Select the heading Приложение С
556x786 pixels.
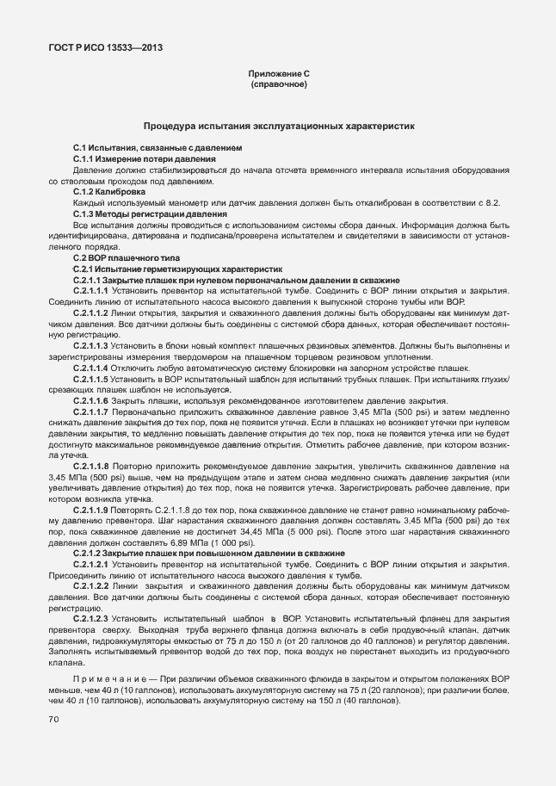(x=278, y=75)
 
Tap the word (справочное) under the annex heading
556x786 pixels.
(x=278, y=85)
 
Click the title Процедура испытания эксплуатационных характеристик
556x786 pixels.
(x=278, y=126)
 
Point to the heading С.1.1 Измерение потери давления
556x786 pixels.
(x=144, y=159)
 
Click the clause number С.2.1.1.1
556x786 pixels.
(x=97, y=291)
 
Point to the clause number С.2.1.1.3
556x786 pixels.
(x=97, y=345)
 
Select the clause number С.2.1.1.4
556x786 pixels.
(x=97, y=368)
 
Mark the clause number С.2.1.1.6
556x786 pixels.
(x=97, y=401)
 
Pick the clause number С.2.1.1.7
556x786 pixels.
(x=97, y=412)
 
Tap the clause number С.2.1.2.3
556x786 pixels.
(x=97, y=619)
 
